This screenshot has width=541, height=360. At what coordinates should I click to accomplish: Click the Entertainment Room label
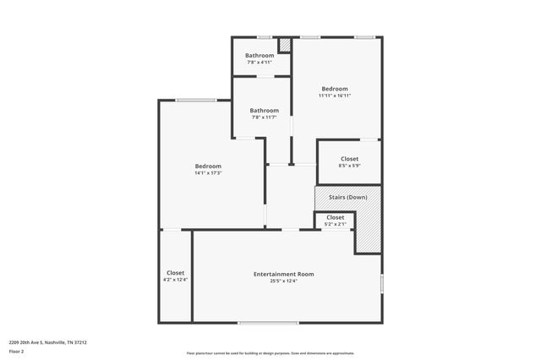[x=284, y=274]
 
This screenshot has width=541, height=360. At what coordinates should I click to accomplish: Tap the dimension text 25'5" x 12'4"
[x=284, y=281]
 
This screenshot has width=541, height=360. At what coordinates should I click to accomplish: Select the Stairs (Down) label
[x=347, y=197]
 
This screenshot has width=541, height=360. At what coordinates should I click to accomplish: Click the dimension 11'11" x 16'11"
[x=335, y=95]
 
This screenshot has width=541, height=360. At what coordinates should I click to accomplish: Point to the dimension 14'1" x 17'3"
[x=208, y=173]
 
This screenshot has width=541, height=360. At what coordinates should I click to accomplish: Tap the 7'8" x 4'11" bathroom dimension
[x=260, y=63]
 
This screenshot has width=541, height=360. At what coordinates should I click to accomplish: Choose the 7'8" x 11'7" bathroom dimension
[x=265, y=117]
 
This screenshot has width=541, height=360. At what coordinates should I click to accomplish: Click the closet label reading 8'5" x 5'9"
[x=349, y=166]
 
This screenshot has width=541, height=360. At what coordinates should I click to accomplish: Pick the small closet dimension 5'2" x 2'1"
[x=335, y=224]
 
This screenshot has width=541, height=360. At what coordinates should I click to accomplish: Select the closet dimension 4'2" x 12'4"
[x=176, y=280]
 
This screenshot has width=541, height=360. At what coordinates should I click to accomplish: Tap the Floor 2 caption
[x=16, y=350]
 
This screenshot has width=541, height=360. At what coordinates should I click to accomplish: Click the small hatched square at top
[x=285, y=45]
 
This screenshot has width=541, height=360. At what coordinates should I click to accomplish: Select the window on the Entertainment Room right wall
[x=382, y=283]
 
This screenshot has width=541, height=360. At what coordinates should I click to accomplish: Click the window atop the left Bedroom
[x=195, y=101]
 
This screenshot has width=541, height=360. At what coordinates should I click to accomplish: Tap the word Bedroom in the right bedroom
[x=335, y=89]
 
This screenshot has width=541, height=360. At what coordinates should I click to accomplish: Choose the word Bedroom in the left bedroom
[x=208, y=166]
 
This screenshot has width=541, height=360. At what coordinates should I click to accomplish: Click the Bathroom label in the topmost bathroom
[x=260, y=56]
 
